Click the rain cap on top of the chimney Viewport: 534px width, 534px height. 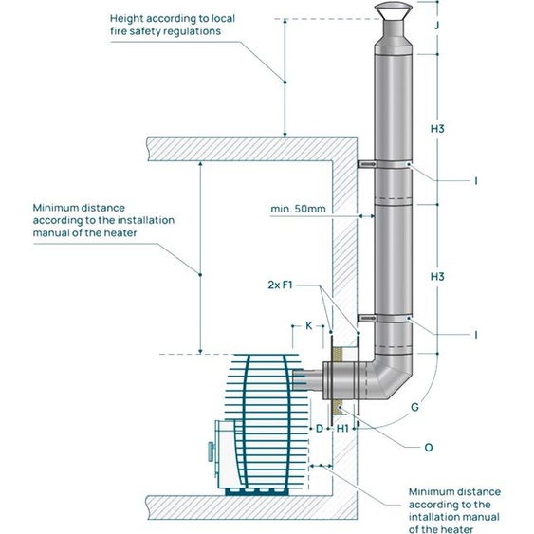click(x=394, y=10)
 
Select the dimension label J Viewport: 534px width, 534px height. click(x=437, y=25)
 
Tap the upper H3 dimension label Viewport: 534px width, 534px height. click(x=437, y=129)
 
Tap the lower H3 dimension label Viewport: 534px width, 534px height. click(x=437, y=277)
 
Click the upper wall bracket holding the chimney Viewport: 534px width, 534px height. click(x=367, y=164)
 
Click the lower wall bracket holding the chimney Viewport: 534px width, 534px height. click(x=367, y=318)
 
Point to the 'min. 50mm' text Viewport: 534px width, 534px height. click(x=298, y=209)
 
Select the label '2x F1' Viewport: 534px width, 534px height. click(x=280, y=285)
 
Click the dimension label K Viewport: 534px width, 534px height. click(x=308, y=325)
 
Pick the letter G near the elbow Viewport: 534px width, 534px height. click(x=414, y=407)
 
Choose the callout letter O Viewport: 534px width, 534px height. click(x=429, y=447)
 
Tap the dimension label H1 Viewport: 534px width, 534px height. click(x=342, y=429)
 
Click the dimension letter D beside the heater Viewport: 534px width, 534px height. click(x=319, y=429)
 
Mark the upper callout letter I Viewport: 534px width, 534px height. click(x=476, y=181)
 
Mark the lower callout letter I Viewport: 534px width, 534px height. click(x=476, y=335)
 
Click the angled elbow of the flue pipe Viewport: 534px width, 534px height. click(x=392, y=378)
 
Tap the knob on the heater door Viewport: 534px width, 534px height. click(x=212, y=451)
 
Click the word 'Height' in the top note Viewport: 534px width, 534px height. click(x=126, y=19)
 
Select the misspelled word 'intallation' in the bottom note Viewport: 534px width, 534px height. click(x=430, y=517)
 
